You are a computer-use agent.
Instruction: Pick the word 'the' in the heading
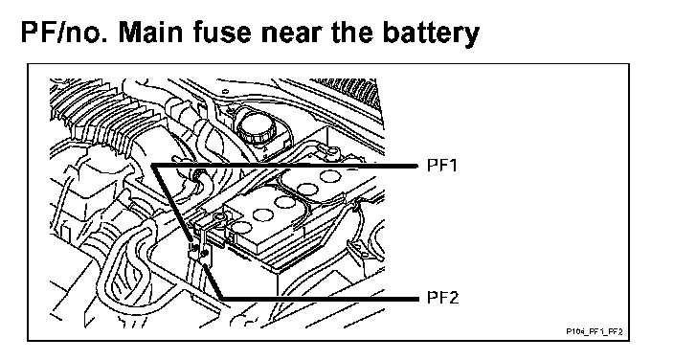coord(353,33)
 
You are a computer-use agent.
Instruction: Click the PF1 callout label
coord(442,166)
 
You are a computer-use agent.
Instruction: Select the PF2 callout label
coord(442,298)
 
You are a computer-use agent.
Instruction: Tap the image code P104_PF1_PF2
coord(595,331)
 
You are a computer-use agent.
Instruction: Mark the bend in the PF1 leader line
coord(151,166)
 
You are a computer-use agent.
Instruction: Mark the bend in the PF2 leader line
coord(222,298)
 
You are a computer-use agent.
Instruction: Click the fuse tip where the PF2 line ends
coord(205,263)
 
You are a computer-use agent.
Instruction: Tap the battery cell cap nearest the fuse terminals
coord(242,228)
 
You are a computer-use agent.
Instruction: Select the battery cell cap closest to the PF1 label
coord(329,176)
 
